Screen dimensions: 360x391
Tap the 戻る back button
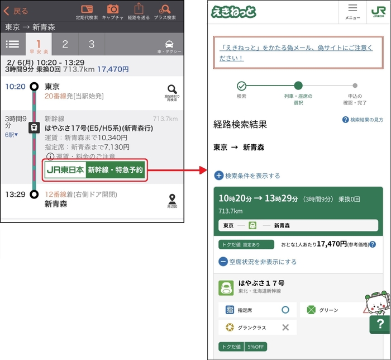click(16, 11)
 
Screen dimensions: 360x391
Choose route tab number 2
click(65, 44)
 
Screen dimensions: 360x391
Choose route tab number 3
click(92, 44)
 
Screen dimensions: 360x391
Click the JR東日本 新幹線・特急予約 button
click(94, 170)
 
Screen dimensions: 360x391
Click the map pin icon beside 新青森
click(172, 200)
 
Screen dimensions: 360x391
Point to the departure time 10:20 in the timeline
click(15, 87)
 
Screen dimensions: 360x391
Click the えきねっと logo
click(233, 11)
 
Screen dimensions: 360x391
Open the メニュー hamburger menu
click(352, 11)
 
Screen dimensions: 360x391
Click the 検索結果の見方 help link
click(363, 120)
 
